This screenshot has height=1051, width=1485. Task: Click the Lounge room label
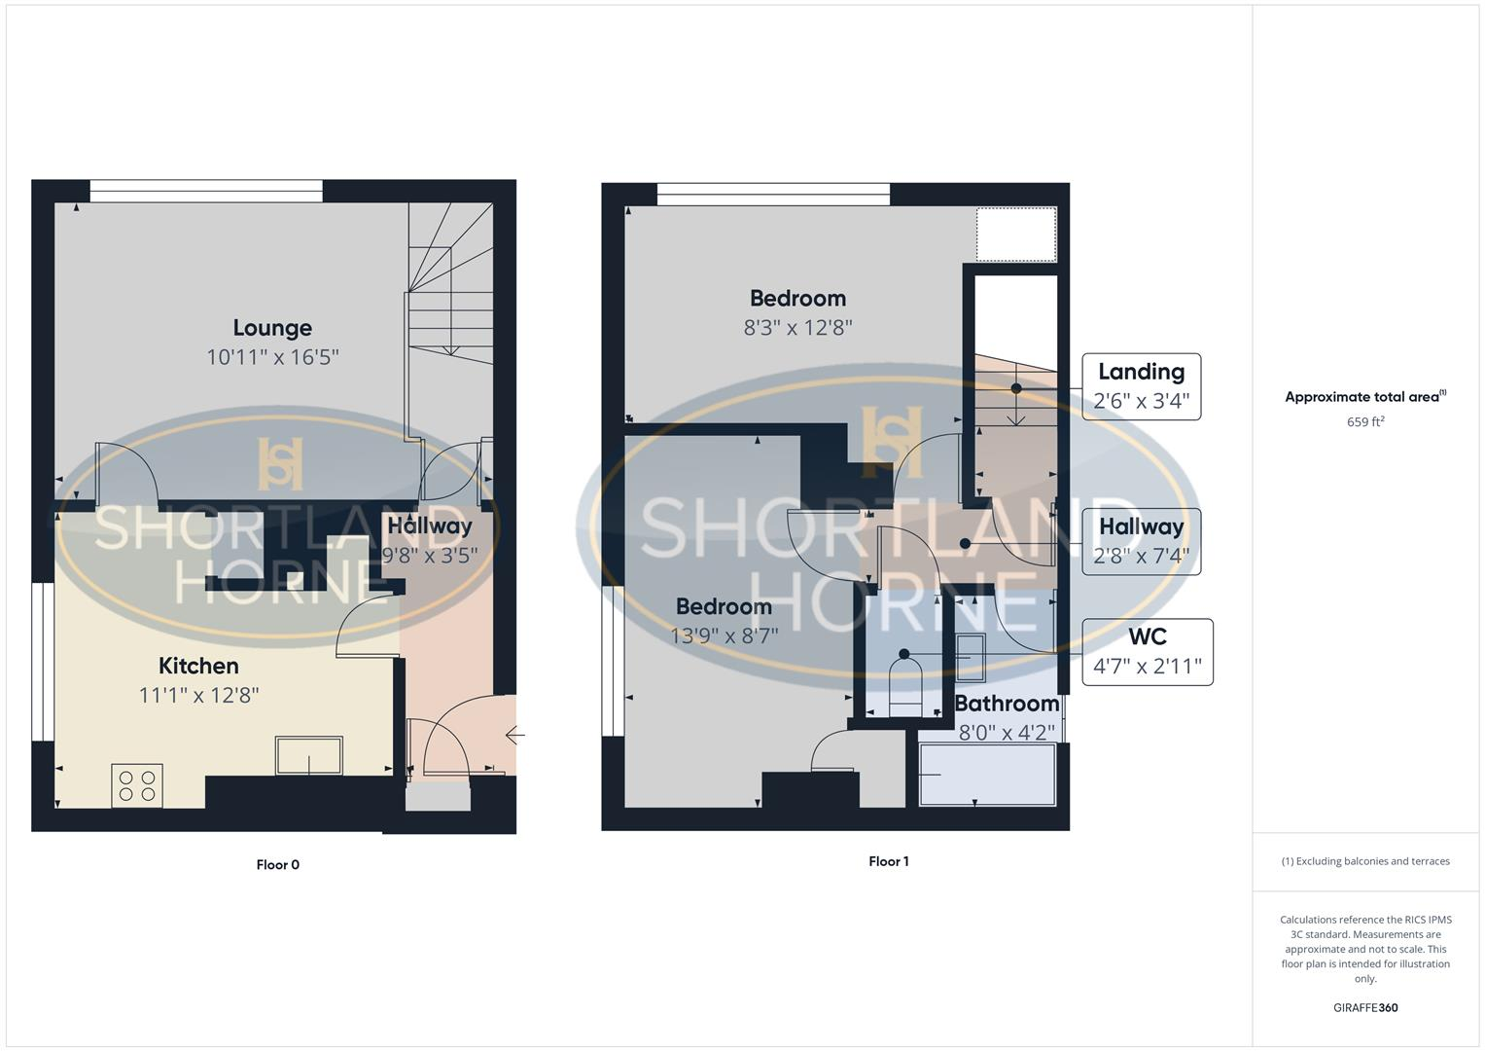[272, 328]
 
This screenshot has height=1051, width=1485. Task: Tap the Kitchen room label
[198, 666]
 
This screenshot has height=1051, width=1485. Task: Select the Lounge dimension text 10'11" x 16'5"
[272, 357]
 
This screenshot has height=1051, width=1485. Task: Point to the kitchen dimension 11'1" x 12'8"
[198, 695]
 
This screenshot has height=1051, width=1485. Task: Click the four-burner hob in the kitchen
[137, 785]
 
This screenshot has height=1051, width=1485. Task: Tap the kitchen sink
[309, 756]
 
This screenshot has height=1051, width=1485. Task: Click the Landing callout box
[1141, 386]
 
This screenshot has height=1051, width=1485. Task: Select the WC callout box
[1147, 652]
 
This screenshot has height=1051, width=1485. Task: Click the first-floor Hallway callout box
[1141, 542]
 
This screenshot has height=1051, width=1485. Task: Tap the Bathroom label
[1007, 704]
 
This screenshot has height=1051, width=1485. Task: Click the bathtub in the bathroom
[987, 775]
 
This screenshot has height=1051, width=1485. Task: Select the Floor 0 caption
[278, 864]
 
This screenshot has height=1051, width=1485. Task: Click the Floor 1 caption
[889, 861]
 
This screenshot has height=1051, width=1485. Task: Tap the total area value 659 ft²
[1365, 422]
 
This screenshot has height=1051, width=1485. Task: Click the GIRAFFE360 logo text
[1365, 1008]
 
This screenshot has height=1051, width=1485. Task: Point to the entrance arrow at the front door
[515, 736]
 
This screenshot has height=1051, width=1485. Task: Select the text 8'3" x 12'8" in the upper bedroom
[797, 328]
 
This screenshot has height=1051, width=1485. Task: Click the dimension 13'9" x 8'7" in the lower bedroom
[725, 636]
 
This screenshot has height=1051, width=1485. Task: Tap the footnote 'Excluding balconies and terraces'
[1365, 861]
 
